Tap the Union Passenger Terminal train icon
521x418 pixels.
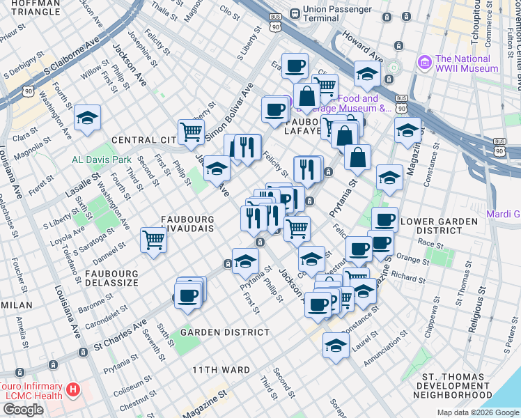[295, 13]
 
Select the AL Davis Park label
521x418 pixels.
[102, 159]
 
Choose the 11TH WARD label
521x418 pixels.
[221, 369]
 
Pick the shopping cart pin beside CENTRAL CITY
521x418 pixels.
[191, 132]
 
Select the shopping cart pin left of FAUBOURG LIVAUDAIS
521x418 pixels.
[153, 240]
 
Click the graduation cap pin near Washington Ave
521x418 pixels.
[88, 118]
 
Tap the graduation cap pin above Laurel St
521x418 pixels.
[336, 346]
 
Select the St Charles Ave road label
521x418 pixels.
[121, 334]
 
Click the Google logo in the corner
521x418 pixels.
[23, 410]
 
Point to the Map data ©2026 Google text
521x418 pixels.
[478, 412]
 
